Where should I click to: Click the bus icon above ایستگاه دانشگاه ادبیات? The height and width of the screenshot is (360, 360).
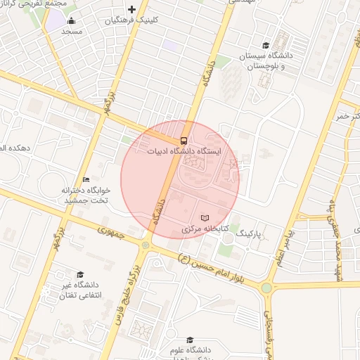[184, 141]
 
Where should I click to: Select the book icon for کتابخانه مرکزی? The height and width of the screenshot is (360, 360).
[205, 218]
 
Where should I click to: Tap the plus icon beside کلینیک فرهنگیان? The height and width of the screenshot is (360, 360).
[131, 9]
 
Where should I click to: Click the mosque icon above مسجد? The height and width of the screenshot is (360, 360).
[72, 20]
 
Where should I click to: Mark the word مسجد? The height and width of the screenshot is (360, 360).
[72, 32]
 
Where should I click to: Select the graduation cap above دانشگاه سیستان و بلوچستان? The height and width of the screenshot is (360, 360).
[266, 45]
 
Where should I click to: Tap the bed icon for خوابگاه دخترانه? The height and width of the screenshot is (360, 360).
[86, 179]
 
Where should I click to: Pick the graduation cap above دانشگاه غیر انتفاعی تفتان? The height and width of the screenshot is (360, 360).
[80, 274]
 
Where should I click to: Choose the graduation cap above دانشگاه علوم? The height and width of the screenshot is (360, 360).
[189, 340]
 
